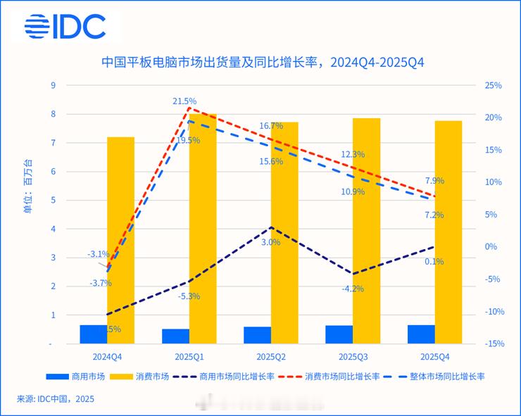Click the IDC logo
click(x=65, y=26)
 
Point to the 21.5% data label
click(x=184, y=101)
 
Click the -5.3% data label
click(x=188, y=296)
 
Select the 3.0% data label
click(x=270, y=242)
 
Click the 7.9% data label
click(x=434, y=181)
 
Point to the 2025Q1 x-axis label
click(x=189, y=357)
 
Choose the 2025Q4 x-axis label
click(x=434, y=357)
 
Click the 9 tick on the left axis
click(x=53, y=85)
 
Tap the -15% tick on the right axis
click(x=494, y=344)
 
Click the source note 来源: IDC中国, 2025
click(x=55, y=399)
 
